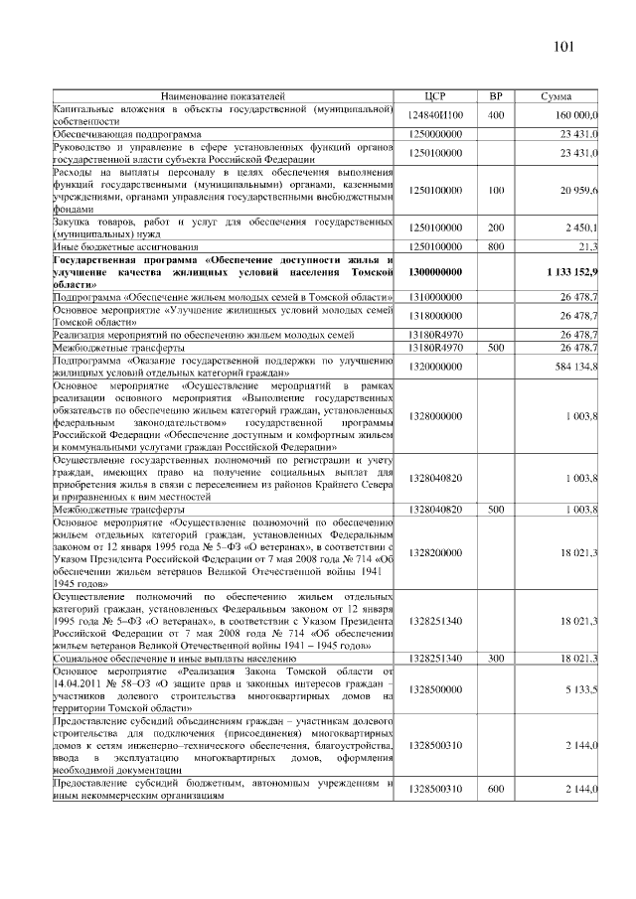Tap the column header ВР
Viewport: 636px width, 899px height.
click(x=496, y=97)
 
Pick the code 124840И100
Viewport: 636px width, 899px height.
click(x=436, y=115)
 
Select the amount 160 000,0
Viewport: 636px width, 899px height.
click(x=570, y=115)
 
